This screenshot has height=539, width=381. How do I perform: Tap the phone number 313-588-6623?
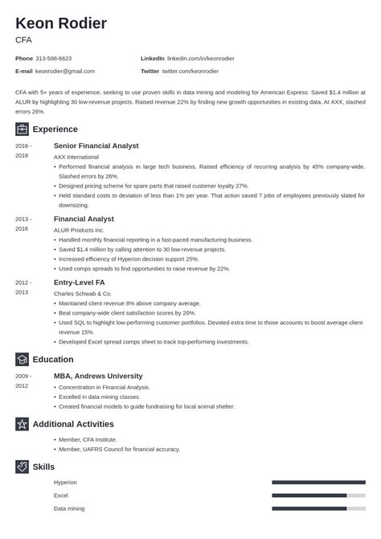tap(54, 58)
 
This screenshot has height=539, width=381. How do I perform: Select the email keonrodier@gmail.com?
tap(69, 72)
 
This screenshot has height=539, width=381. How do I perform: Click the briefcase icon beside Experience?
tap(22, 130)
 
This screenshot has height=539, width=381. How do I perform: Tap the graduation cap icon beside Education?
tap(22, 360)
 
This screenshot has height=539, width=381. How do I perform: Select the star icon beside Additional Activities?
tap(22, 424)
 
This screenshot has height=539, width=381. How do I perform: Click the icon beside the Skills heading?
tap(22, 466)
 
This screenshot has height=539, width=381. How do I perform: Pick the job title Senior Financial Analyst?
tap(96, 146)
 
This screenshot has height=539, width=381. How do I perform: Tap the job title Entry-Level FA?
tap(80, 282)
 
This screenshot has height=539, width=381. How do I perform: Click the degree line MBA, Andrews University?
tap(98, 376)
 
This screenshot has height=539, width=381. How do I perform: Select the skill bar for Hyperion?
tap(319, 482)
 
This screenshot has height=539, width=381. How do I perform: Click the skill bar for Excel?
tap(319, 496)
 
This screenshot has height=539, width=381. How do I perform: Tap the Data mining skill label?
tap(69, 508)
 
